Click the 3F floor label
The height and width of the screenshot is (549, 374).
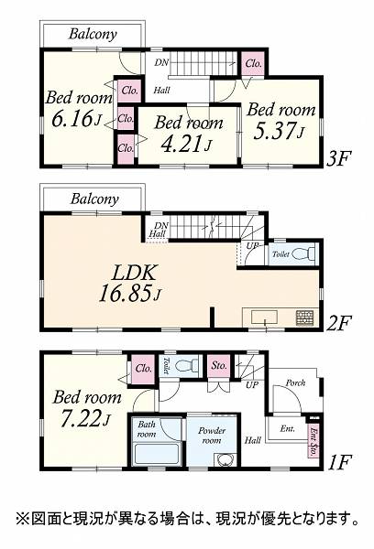338,159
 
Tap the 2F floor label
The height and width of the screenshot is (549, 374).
338,323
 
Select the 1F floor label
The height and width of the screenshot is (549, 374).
338,462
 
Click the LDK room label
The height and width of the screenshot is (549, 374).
133,273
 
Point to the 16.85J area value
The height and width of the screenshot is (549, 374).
130,293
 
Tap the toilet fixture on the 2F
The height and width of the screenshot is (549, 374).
302,253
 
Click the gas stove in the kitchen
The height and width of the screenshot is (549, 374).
302,318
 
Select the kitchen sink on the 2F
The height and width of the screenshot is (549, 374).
265,318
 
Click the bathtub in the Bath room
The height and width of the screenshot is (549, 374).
157,454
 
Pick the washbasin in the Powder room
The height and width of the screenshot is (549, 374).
225,459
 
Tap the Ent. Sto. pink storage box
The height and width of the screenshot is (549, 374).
313,441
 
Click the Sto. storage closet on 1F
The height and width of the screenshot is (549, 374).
219,366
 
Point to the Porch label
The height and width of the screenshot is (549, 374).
295,382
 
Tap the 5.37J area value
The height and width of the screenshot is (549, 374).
279,132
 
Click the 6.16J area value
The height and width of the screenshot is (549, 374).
76,119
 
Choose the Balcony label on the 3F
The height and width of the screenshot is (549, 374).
93,34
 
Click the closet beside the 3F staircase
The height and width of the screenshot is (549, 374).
253,63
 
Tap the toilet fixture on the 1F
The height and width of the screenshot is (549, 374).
182,366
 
